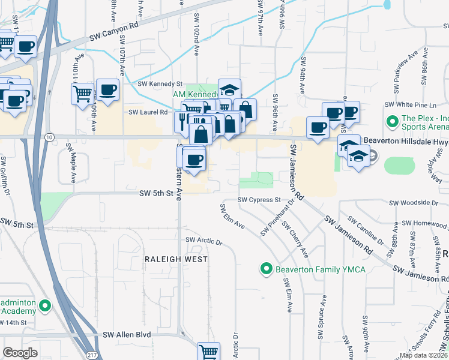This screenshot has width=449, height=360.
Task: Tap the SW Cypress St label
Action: coord(259,200)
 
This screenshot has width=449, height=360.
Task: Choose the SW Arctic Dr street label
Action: coord(204,241)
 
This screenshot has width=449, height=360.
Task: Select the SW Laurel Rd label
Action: coord(148,112)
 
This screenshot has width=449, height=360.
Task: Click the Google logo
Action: coord(20,353)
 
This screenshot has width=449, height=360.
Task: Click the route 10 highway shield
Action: coord(48,137)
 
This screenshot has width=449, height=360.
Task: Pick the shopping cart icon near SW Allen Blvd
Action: coord(208,352)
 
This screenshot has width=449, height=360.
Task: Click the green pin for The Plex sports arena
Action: coord(393,122)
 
